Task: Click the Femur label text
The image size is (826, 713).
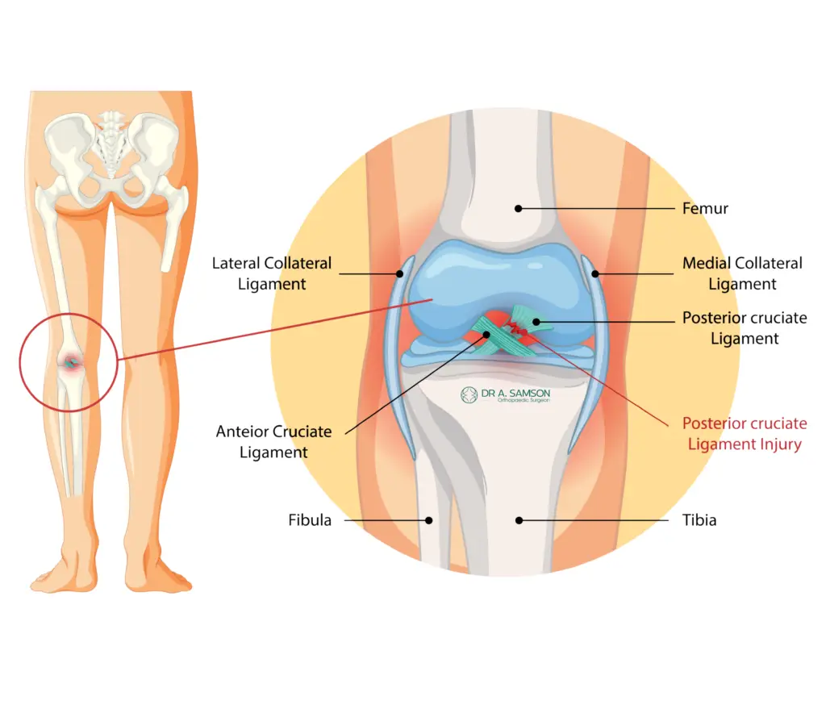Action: pyautogui.click(x=705, y=209)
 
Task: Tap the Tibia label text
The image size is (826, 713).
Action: pyautogui.click(x=699, y=520)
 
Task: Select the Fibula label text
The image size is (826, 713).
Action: pyautogui.click(x=310, y=520)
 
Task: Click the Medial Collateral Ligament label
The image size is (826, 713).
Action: pyautogui.click(x=742, y=273)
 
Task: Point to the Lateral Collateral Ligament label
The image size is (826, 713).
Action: pyautogui.click(x=272, y=273)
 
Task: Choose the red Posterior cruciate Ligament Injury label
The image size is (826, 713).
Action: pyautogui.click(x=745, y=433)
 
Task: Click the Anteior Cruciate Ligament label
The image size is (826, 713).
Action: pyautogui.click(x=274, y=442)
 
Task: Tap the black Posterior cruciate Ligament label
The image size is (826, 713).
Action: pyautogui.click(x=745, y=327)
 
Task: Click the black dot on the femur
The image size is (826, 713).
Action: pyautogui.click(x=519, y=209)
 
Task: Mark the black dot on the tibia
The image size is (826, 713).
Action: pyautogui.click(x=519, y=520)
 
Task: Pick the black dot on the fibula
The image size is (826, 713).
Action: pyautogui.click(x=429, y=520)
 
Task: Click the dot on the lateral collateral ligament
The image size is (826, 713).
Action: pyautogui.click(x=400, y=273)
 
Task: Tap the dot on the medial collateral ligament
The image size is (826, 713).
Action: pyautogui.click(x=594, y=273)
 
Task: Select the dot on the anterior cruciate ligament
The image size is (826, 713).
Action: pyautogui.click(x=486, y=335)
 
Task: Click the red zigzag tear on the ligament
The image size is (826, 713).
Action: pyautogui.click(x=518, y=328)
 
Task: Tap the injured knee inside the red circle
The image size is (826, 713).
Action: pyautogui.click(x=70, y=362)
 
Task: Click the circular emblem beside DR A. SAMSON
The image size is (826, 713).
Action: pyautogui.click(x=469, y=395)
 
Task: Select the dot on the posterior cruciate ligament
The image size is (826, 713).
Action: pyautogui.click(x=536, y=322)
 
